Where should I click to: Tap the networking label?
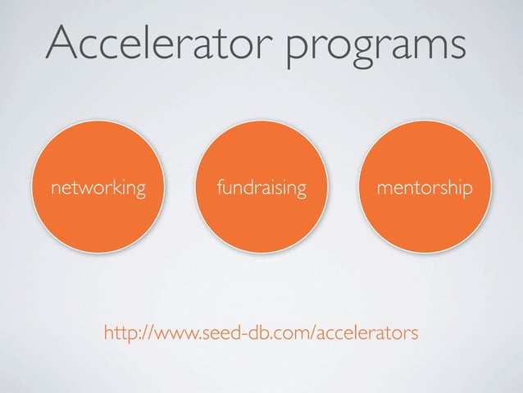click(x=98, y=190)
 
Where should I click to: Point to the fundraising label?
click(x=262, y=190)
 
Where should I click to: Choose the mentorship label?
click(x=424, y=190)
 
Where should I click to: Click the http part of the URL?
click(x=121, y=333)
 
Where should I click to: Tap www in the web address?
click(x=173, y=333)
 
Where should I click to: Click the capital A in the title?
click(x=63, y=43)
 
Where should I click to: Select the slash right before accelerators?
click(x=311, y=333)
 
